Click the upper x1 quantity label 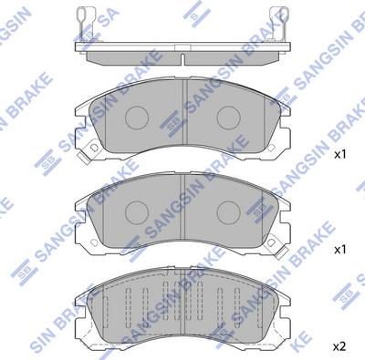[339, 154]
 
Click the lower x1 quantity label [339, 248]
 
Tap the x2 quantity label [339, 346]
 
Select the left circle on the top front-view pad [137, 116]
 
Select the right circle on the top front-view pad [228, 116]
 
